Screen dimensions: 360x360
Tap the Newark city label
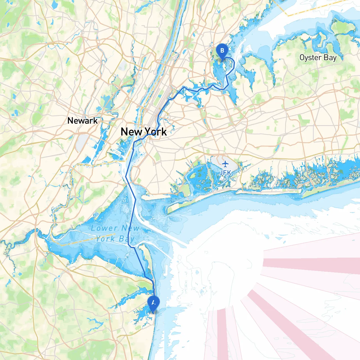pyautogui.click(x=82, y=121)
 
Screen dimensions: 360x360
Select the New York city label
pyautogui.click(x=143, y=132)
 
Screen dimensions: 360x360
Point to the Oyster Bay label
pyautogui.click(x=318, y=58)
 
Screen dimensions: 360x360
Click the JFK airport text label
pyautogui.click(x=225, y=173)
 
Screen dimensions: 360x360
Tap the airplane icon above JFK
pyautogui.click(x=225, y=164)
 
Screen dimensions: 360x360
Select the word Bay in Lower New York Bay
pyautogui.click(x=127, y=239)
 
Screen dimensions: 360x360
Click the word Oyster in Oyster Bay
pyautogui.click(x=310, y=58)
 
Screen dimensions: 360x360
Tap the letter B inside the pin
pyautogui.click(x=222, y=51)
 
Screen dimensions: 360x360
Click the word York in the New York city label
pyautogui.click(x=156, y=132)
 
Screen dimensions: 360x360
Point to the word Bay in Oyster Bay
pyautogui.click(x=330, y=58)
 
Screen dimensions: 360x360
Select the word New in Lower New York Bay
pyautogui.click(x=130, y=228)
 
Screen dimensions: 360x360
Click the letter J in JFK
pyautogui.click(x=221, y=173)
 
